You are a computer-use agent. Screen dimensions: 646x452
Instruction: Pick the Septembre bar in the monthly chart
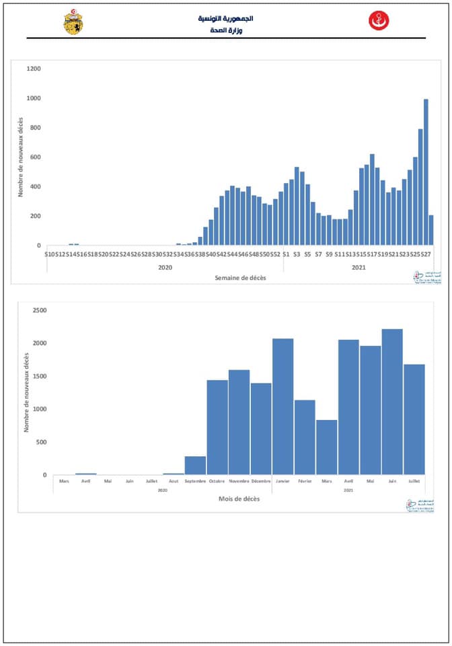[x=196, y=466]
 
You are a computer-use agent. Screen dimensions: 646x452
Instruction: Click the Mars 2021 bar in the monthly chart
[x=327, y=447]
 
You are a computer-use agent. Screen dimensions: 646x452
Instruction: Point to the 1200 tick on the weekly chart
[x=34, y=69]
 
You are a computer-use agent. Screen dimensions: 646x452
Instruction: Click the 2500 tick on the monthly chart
[x=39, y=310]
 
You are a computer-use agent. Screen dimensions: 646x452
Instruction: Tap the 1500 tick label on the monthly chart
[x=39, y=376]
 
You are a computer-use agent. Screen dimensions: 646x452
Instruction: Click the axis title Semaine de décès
[x=240, y=278]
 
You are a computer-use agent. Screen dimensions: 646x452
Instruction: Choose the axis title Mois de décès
[x=239, y=499]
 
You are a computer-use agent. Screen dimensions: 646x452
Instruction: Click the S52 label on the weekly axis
[x=275, y=254]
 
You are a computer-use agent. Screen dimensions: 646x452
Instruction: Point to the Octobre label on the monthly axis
[x=217, y=481]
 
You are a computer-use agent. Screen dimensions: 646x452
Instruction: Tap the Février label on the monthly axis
[x=305, y=481]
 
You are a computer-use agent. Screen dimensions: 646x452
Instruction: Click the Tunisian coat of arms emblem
[x=73, y=22]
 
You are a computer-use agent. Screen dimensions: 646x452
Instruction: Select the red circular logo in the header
[x=379, y=21]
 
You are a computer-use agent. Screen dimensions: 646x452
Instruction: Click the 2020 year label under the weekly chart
[x=165, y=267]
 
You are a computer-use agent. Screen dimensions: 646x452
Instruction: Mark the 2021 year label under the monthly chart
[x=348, y=491]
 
